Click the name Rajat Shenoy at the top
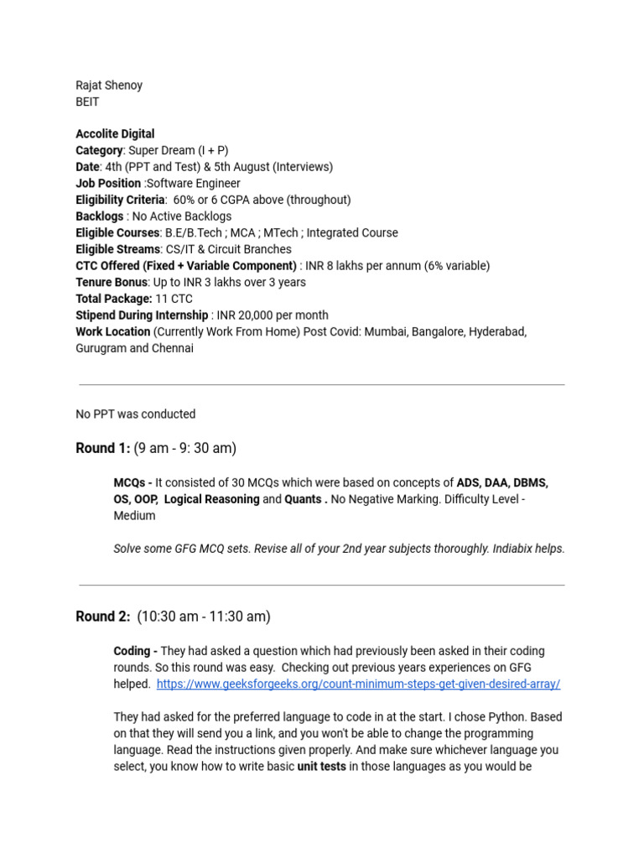[109, 85]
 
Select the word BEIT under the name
[87, 102]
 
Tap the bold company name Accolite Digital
[115, 133]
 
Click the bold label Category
[99, 150]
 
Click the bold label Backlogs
[99, 216]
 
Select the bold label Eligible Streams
[117, 249]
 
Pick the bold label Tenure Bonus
[112, 282]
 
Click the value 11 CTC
[174, 299]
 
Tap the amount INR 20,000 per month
[272, 315]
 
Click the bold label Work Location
[113, 331]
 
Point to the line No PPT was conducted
[135, 414]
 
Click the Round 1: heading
[102, 448]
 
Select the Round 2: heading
[102, 617]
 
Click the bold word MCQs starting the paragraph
[131, 482]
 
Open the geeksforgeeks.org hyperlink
[358, 684]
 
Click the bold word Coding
[132, 651]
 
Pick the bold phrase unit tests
[321, 766]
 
